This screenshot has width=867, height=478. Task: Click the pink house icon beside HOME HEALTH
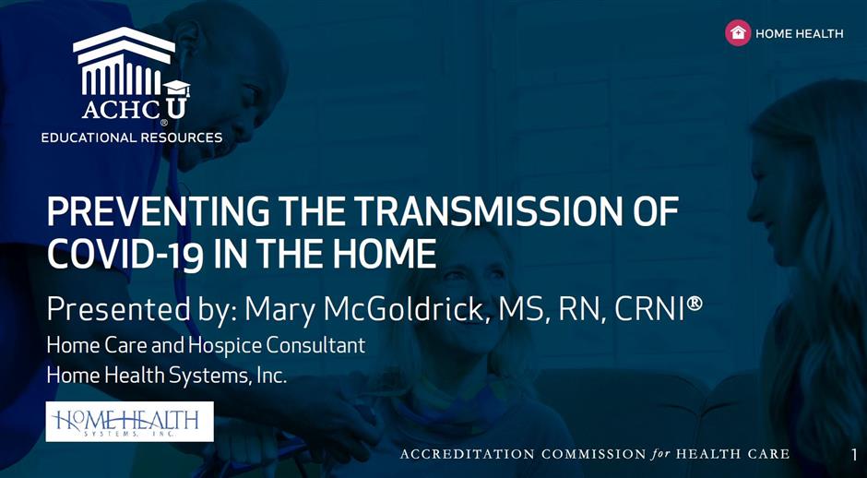tap(738, 32)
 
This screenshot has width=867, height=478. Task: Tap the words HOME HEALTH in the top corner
tap(799, 34)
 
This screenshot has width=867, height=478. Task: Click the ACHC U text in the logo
tap(135, 109)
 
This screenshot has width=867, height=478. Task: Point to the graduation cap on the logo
tap(176, 89)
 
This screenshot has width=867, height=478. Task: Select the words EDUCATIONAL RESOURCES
tap(132, 137)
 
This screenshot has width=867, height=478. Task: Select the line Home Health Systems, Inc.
tap(167, 376)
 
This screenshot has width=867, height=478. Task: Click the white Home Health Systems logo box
tap(129, 422)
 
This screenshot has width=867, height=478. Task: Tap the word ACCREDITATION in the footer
tap(468, 455)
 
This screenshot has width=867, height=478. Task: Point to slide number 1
tap(854, 455)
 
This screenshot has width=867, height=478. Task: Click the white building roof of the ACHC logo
tap(125, 43)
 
